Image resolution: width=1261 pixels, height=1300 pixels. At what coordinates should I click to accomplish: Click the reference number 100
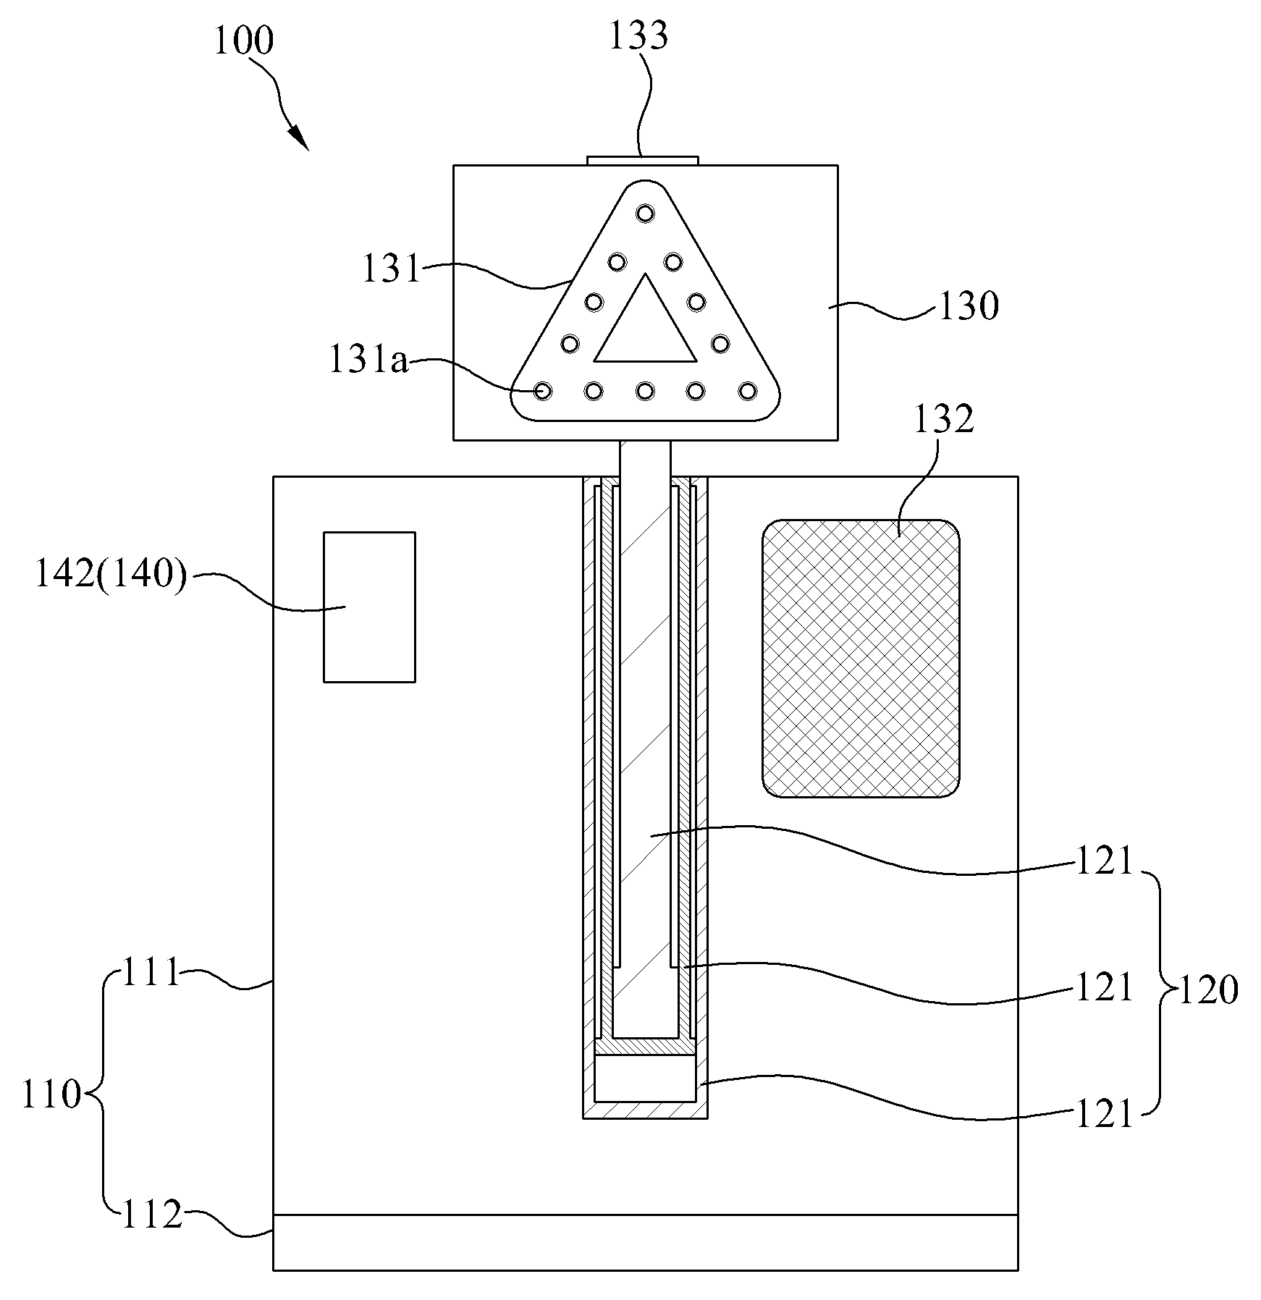click(x=244, y=41)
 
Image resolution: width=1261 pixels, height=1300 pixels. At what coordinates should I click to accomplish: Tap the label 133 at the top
click(x=638, y=35)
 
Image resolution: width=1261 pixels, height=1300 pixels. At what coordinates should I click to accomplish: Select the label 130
click(x=969, y=306)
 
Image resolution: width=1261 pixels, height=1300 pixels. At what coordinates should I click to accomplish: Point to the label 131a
click(x=368, y=360)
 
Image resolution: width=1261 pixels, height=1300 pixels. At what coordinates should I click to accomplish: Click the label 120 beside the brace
click(x=1208, y=990)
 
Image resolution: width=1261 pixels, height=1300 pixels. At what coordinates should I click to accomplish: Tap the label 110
click(x=51, y=1095)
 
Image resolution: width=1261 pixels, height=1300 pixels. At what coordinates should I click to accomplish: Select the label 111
click(x=151, y=973)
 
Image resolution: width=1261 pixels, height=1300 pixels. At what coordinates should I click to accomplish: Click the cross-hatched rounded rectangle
click(x=861, y=659)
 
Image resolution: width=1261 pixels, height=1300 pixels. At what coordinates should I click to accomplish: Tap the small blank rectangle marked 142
click(x=369, y=607)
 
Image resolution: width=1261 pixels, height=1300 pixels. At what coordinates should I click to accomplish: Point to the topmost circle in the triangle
click(x=644, y=213)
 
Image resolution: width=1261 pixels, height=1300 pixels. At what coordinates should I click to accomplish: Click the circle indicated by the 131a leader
click(x=543, y=391)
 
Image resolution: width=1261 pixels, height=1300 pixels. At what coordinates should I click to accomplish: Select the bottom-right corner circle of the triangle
click(x=746, y=391)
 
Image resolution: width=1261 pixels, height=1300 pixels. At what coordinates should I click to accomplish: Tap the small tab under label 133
click(x=643, y=160)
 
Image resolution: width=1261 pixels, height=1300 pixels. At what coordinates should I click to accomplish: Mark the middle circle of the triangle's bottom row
click(x=644, y=391)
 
